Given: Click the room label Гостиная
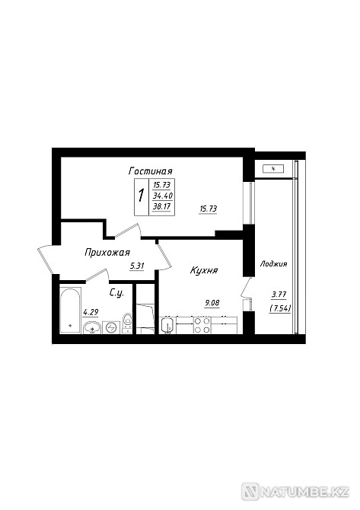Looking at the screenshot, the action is point(151,171).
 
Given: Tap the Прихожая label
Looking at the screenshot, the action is point(107,253).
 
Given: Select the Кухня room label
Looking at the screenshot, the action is point(204,270).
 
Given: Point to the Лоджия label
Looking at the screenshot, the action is point(273,264).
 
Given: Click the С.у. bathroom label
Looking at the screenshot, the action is point(116,293).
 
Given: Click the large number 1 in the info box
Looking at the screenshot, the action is point(141,196).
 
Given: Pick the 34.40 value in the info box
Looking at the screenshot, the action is point(163,196).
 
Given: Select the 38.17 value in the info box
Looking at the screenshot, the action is point(162,206).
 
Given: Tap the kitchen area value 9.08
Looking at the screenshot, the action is point(212,303).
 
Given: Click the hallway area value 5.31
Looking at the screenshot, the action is point(137,266).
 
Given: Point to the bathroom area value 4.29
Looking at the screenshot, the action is point(91,313).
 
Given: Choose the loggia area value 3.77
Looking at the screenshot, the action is point(279,295).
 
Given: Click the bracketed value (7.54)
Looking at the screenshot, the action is point(280,308).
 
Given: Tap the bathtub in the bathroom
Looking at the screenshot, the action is point(70,311).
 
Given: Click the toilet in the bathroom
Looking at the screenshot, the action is point(127,323).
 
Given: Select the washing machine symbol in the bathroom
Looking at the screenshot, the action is point(111,327).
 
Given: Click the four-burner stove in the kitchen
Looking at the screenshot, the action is point(202,325).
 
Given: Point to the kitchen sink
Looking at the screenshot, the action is point(167,326).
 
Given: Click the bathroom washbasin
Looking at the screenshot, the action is point(92,327).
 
